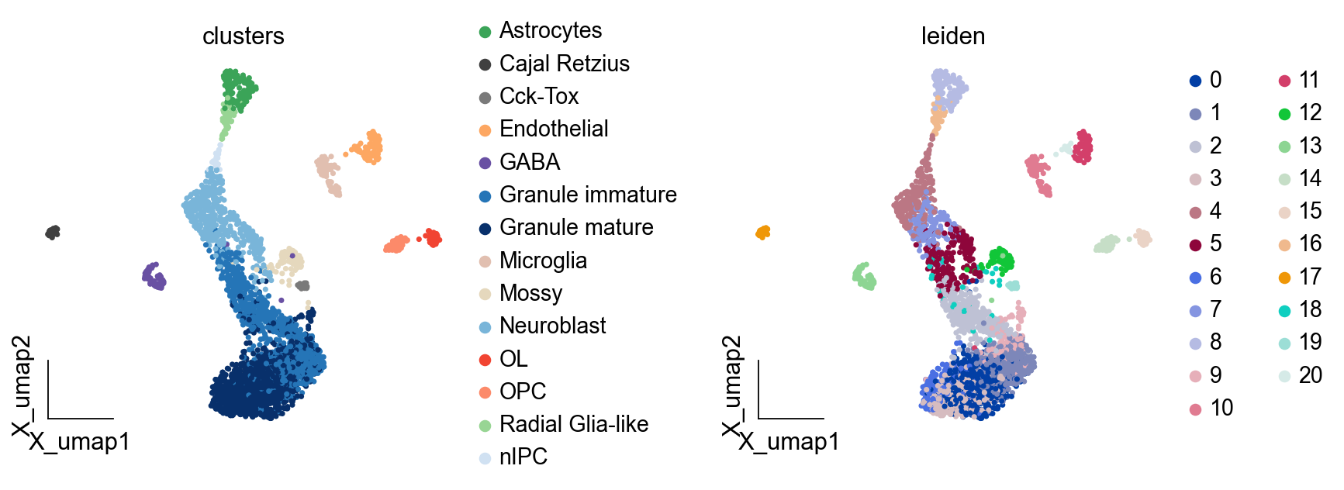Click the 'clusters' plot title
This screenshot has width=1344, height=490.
(x=243, y=36)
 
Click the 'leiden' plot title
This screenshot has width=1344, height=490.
(x=952, y=36)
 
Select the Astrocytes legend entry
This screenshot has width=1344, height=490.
(x=550, y=31)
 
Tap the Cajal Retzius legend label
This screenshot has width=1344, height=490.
(x=564, y=64)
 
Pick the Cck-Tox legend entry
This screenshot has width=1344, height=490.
(x=538, y=96)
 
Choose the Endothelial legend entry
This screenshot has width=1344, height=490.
(x=553, y=129)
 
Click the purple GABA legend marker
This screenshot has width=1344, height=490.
(x=485, y=163)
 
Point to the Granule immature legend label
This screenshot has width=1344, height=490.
(x=587, y=195)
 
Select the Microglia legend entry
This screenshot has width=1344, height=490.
(x=542, y=261)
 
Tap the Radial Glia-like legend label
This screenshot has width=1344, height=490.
(x=573, y=424)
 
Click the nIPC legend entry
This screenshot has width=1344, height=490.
(x=523, y=457)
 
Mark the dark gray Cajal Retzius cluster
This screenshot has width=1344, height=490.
(x=53, y=232)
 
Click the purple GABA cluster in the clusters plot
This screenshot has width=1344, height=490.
(x=154, y=276)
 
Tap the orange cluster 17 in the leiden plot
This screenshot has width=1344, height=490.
(x=763, y=232)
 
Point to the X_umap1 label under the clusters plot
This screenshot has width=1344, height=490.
(x=79, y=442)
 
